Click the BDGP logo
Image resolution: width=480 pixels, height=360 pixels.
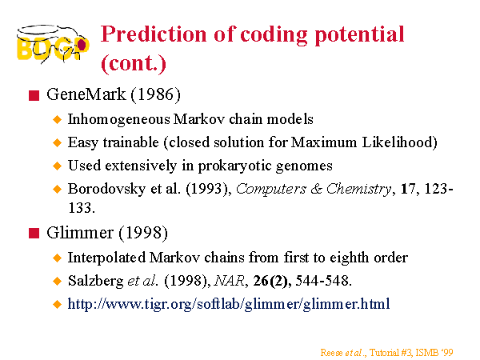click(x=53, y=44)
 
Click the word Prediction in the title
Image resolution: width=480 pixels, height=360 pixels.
click(x=154, y=34)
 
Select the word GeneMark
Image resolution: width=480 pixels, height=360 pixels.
click(x=86, y=94)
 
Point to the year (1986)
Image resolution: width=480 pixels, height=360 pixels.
click(x=156, y=94)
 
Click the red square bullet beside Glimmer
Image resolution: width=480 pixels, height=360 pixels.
click(x=34, y=234)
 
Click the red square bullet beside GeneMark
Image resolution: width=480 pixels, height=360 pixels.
click(x=34, y=95)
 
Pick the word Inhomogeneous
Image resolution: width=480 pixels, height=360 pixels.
click(x=118, y=120)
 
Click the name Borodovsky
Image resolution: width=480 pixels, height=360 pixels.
click(x=106, y=189)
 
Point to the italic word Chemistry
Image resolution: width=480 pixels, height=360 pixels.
click(x=358, y=189)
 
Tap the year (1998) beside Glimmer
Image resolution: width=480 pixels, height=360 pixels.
click(x=143, y=233)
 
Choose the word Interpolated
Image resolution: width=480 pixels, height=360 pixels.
click(x=106, y=258)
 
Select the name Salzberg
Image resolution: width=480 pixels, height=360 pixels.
click(x=95, y=281)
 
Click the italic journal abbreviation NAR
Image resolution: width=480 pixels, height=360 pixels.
click(x=230, y=281)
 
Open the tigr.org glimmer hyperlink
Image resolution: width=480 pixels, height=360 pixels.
click(x=229, y=304)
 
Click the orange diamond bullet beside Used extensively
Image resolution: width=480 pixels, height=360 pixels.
click(x=58, y=166)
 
